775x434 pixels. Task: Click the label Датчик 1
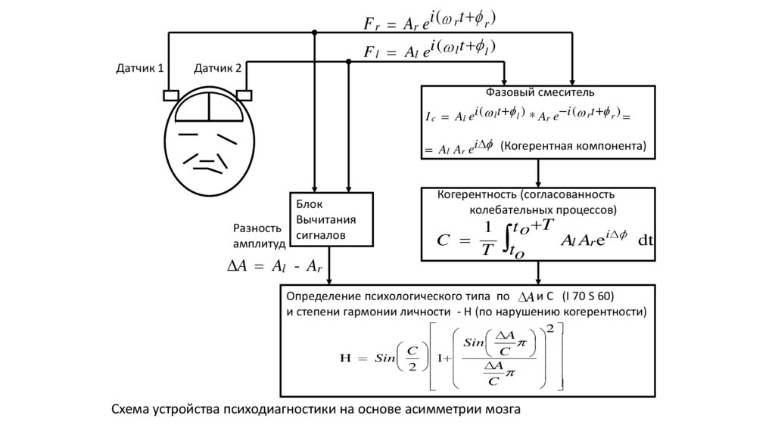139,69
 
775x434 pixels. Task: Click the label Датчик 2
218,69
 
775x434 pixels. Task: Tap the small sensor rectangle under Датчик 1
170,95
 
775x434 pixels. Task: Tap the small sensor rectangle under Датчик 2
244,95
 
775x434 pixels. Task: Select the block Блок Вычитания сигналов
332,219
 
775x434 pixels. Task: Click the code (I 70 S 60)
593,296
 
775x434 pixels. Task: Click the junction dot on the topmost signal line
315,33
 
